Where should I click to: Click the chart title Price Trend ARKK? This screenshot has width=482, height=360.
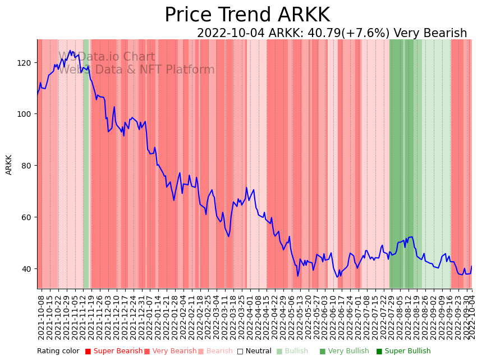(x=247, y=15)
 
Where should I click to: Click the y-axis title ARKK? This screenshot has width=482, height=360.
(x=9, y=165)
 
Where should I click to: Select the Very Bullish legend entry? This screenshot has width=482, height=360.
(x=345, y=352)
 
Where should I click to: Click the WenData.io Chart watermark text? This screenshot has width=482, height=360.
(x=107, y=57)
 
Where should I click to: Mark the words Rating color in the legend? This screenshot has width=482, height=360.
(x=58, y=352)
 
